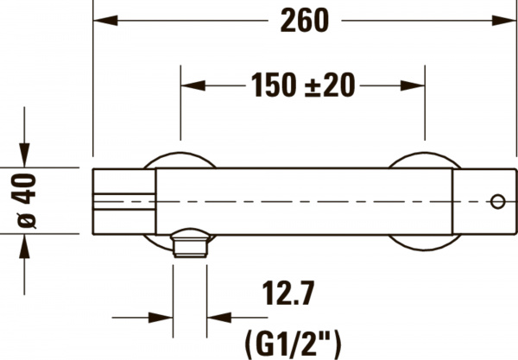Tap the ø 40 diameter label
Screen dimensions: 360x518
[x=27, y=198]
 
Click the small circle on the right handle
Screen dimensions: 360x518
[x=496, y=201]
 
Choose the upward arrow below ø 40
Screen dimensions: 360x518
[x=27, y=247]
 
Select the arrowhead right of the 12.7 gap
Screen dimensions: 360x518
[x=218, y=316]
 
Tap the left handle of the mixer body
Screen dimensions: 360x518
[x=123, y=198]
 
